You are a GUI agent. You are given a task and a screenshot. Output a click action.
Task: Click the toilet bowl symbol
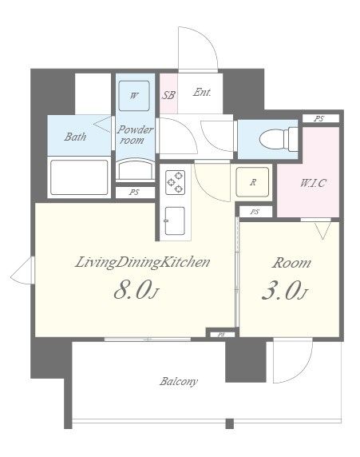pos(278,139)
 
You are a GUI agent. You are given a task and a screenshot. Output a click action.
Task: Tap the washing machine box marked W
pos(134,96)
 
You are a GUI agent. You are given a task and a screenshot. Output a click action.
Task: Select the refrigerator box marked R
pos(252,182)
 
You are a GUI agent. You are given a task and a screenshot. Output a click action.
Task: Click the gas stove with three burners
pos(175,183)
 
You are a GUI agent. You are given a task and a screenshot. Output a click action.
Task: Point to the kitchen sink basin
pos(175,221)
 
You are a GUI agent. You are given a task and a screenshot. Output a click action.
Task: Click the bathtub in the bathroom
pos(79,177)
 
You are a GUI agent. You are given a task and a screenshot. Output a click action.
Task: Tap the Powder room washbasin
pos(135,170)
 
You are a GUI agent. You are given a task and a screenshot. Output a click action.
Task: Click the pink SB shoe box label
pos(168,95)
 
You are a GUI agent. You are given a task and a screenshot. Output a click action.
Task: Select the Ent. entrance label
pos(202,93)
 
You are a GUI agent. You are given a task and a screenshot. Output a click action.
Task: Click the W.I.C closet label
pos(313,183)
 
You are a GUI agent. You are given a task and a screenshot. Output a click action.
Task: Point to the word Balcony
pos(179,382)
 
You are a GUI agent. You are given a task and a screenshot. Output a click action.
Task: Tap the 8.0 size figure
pos(136,290)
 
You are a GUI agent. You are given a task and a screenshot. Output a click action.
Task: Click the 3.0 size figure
pos(284,290)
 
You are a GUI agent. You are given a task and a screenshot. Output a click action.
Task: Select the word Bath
pos(75,137)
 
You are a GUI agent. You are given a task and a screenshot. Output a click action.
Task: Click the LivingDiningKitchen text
pos(142,263)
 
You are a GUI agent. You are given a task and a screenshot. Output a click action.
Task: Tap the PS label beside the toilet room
pos(319,118)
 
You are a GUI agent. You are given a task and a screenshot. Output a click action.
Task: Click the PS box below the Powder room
pos(135,193)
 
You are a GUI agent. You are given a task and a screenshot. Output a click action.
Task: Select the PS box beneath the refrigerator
pos(255,212)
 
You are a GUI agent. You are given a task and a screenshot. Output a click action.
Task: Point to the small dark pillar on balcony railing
pos(230,423)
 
